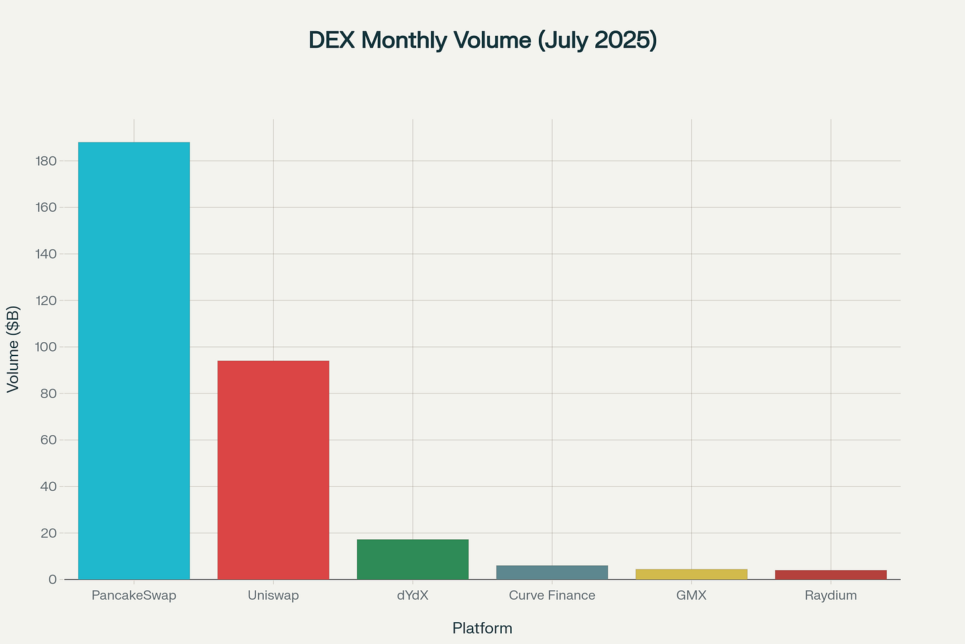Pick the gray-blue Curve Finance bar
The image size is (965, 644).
coord(551,572)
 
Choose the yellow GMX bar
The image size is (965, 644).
coord(691,574)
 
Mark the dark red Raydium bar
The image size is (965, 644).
coord(830,575)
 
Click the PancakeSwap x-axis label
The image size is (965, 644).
coord(134,596)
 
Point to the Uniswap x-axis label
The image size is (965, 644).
coord(273,596)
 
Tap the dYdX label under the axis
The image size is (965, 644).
coord(412,596)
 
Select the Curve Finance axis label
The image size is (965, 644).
coord(551,596)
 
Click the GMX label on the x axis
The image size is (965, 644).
coord(691,596)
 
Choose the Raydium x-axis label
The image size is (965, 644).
coord(830,596)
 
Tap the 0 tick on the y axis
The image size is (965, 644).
coord(52,580)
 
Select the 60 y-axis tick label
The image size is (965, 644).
coord(48,440)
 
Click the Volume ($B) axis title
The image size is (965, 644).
coord(13,349)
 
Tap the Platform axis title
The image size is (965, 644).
coord(482,628)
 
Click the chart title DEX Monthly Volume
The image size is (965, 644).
coord(482,40)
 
